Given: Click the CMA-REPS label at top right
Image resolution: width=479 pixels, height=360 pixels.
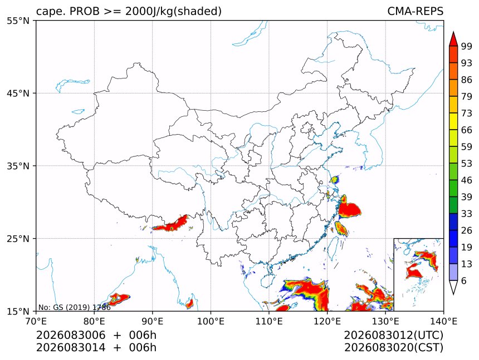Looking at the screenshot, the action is [415, 11].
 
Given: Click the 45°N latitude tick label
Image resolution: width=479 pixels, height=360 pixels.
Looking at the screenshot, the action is [18, 93].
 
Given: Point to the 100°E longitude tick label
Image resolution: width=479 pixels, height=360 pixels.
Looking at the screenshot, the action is [211, 321].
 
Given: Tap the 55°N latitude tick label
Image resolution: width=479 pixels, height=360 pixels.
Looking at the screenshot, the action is [18, 21].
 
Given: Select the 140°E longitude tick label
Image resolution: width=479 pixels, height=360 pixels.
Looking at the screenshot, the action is [443, 321].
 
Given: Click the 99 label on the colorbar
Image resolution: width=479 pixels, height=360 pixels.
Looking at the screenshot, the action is [467, 46].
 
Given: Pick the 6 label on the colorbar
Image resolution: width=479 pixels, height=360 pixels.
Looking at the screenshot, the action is [464, 280].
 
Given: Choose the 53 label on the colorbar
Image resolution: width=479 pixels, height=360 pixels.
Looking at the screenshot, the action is [467, 164].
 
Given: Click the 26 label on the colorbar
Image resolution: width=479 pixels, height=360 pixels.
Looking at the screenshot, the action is [467, 230].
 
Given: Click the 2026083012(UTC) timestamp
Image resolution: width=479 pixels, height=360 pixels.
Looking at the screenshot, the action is [393, 335].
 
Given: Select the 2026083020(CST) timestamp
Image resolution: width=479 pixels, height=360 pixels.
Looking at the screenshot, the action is [393, 348].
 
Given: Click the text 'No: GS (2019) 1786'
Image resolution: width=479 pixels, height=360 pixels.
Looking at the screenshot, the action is [74, 307].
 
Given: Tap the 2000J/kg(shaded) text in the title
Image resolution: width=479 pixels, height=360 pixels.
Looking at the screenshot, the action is [173, 11].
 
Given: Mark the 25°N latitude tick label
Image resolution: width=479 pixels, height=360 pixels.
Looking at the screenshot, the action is [18, 238].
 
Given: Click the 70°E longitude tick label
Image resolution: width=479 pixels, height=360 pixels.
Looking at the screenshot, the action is [36, 321].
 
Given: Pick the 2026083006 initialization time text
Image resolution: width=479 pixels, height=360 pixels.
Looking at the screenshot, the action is [71, 335].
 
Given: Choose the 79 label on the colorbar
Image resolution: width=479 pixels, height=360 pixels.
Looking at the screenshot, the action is [467, 96].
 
